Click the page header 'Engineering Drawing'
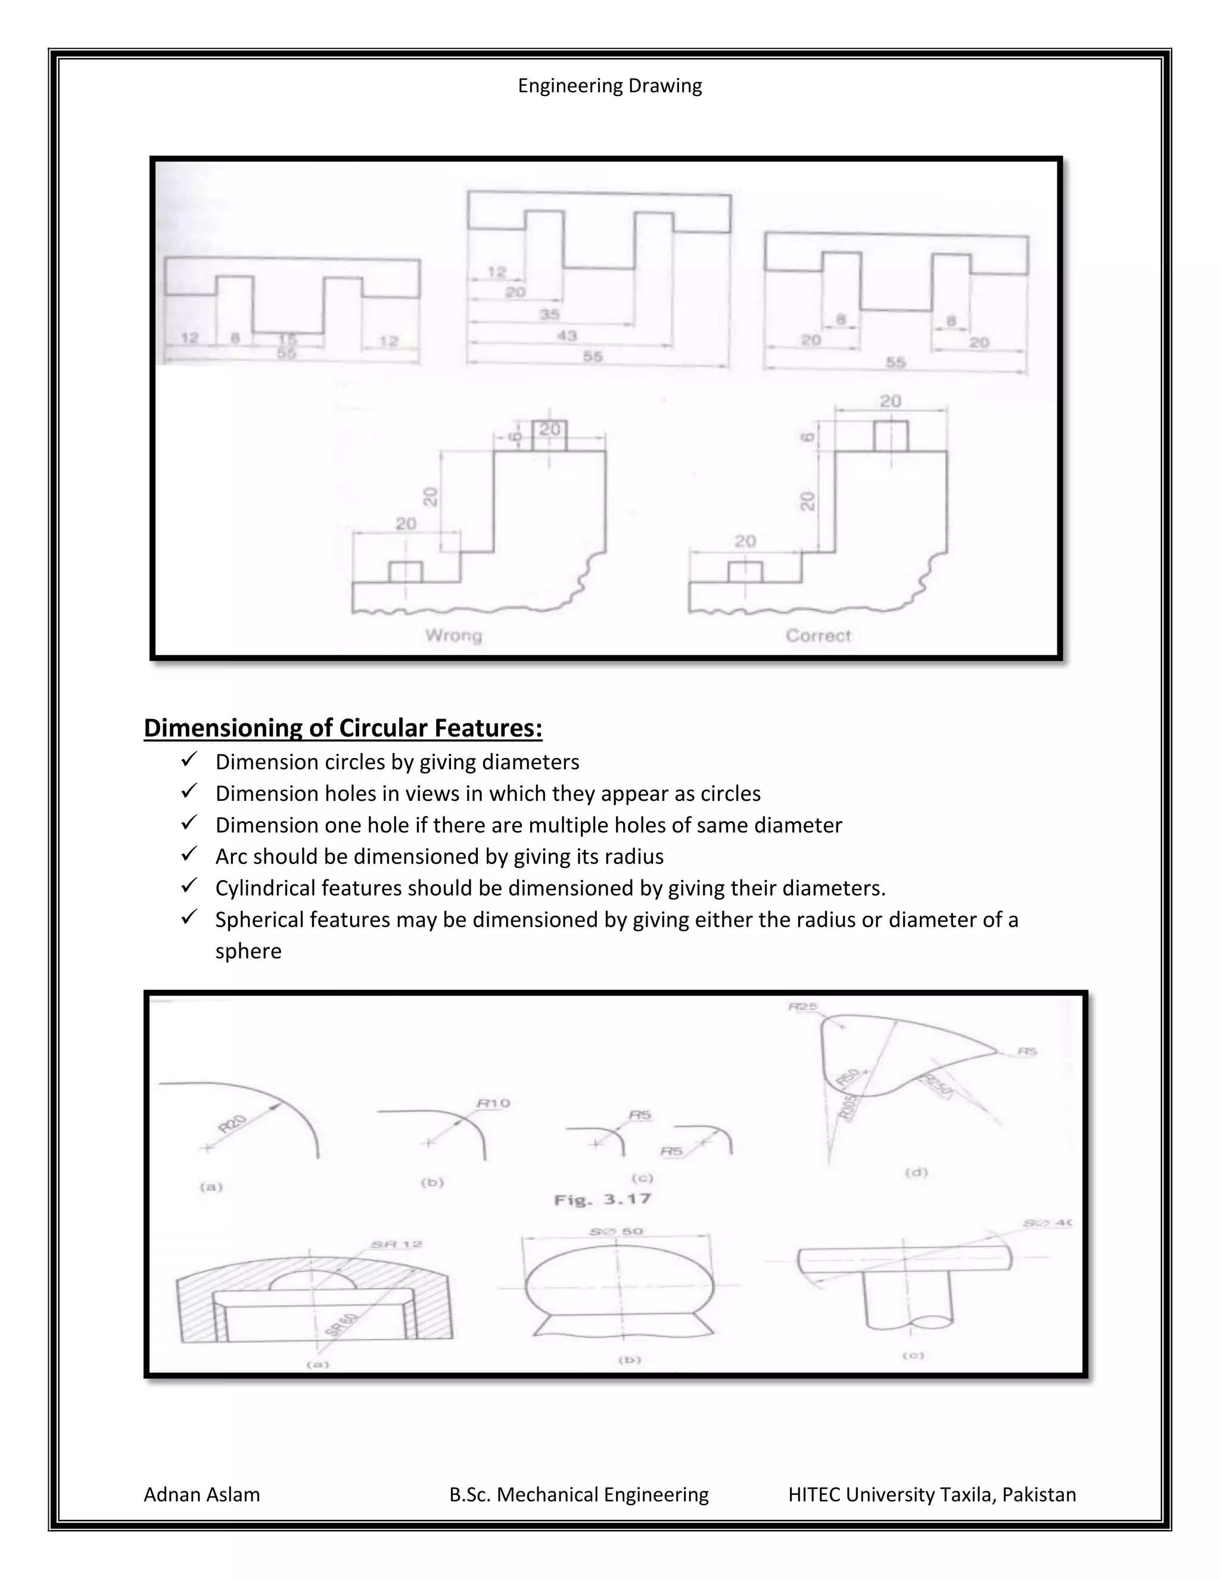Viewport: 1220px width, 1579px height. point(609,86)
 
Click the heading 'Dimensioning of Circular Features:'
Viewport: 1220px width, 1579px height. point(343,728)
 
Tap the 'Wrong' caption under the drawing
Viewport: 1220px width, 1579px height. point(453,636)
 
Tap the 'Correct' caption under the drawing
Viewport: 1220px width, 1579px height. point(818,636)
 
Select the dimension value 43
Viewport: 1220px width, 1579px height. point(567,335)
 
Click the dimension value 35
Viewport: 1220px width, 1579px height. point(549,315)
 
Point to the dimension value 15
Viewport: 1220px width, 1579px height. point(287,339)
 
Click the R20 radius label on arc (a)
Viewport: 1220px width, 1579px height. point(233,1124)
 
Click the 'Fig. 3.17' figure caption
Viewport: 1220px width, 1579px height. point(602,1199)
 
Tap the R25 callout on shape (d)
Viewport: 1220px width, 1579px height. point(802,1006)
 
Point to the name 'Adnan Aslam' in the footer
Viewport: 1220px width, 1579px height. point(202,1494)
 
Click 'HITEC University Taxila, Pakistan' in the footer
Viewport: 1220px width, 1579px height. point(932,1494)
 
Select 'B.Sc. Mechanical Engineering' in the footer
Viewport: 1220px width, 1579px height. point(578,1494)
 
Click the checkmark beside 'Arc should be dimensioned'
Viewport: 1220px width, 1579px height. point(189,854)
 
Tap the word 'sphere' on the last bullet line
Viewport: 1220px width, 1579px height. point(248,951)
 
